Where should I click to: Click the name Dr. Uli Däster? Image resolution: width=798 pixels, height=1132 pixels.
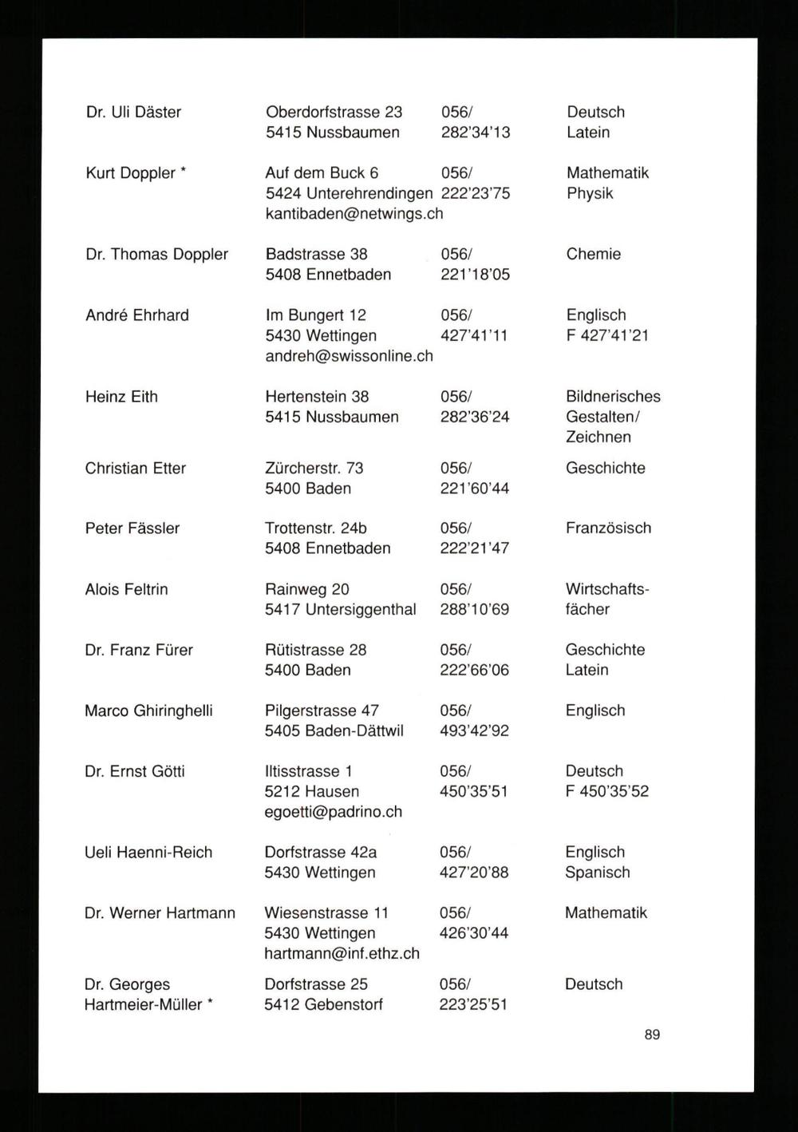[x=133, y=113]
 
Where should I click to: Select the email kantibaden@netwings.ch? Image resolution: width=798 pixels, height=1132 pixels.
[x=354, y=214]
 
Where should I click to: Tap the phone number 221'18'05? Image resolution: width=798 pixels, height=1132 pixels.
[x=475, y=275]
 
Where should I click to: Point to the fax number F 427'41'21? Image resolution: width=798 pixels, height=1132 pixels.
[x=607, y=335]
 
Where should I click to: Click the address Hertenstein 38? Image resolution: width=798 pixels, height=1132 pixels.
[x=317, y=397]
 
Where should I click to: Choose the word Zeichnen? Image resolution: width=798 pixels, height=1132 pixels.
[x=598, y=437]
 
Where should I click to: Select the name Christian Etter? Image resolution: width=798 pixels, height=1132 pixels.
[x=136, y=469]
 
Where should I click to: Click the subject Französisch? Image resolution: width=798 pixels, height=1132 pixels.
[x=608, y=528]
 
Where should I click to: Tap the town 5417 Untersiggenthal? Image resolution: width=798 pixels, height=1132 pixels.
[x=341, y=610]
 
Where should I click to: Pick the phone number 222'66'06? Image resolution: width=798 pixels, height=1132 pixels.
[x=474, y=671]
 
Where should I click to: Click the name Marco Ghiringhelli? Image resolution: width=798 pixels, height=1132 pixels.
[x=148, y=711]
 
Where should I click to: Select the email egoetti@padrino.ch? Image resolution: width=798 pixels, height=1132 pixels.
[x=333, y=812]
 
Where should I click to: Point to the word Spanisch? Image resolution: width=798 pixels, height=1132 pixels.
[x=598, y=873]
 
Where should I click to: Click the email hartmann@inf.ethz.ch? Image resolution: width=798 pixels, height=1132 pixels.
[x=342, y=954]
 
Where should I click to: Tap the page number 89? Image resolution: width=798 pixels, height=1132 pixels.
[x=652, y=1035]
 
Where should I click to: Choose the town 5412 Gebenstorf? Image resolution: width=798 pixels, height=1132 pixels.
[x=323, y=1005]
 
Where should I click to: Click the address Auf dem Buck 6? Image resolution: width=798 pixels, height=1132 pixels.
[x=322, y=173]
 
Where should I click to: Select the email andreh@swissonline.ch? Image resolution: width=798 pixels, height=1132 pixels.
[x=349, y=356]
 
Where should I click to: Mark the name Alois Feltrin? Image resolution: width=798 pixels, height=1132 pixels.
[x=126, y=590]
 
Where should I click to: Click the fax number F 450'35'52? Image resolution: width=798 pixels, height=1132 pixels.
[x=606, y=792]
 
